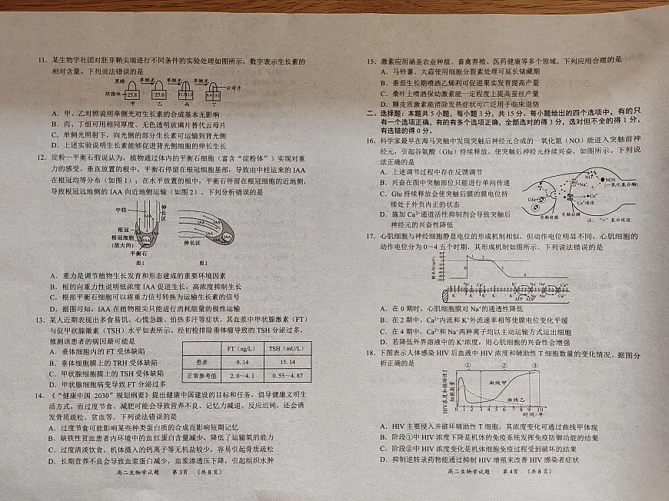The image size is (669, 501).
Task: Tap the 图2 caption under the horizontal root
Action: pos(205,262)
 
